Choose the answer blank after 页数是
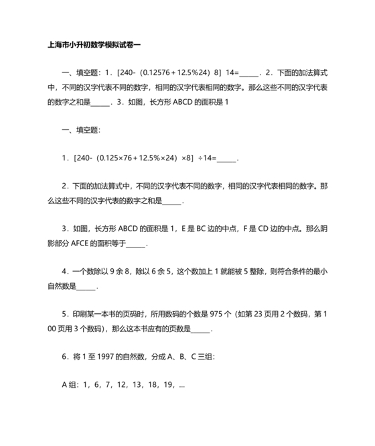[201, 329]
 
